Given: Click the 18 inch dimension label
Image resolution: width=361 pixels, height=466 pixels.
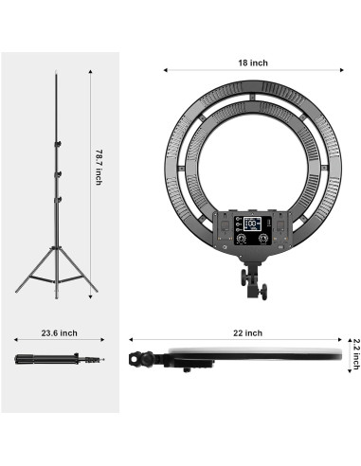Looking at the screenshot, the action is (x=253, y=63).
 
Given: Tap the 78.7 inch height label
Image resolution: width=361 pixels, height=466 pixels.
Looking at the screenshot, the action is (x=99, y=167).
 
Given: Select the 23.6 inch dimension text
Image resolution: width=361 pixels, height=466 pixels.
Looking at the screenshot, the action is (x=59, y=333).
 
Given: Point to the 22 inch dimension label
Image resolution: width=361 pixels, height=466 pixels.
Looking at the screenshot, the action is (x=247, y=333).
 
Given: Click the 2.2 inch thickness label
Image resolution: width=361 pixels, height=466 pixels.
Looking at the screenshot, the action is (x=356, y=354).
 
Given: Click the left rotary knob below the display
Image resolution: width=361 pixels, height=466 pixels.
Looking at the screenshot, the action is (x=242, y=238).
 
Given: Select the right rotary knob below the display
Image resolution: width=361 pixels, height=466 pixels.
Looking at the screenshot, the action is (x=262, y=238).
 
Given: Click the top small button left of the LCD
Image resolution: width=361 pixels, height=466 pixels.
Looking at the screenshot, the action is (x=238, y=219).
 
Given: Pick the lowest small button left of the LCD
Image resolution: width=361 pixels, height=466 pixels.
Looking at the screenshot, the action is (x=238, y=230).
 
